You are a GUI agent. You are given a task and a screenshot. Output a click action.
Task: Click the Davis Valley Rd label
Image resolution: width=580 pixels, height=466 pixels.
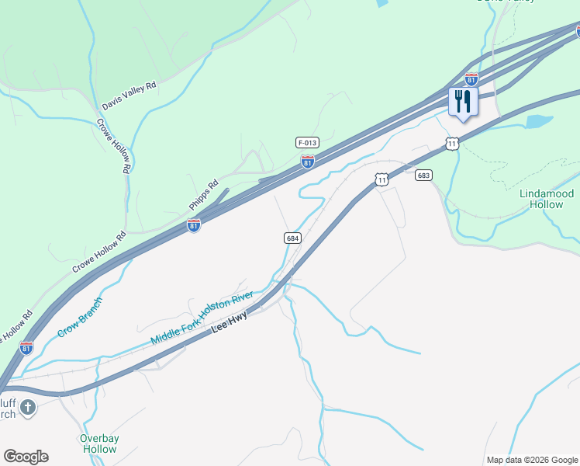pos(129,95)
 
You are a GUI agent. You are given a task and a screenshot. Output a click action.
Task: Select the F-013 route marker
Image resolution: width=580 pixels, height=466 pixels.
pos(307,143)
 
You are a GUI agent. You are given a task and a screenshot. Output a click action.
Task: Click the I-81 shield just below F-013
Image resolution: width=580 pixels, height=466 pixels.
pos(308,162)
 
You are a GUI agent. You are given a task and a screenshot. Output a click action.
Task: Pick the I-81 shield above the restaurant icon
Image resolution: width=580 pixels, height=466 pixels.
pos(471,79)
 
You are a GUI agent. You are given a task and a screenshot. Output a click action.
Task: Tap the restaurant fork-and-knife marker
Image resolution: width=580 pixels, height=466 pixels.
pos(463,103)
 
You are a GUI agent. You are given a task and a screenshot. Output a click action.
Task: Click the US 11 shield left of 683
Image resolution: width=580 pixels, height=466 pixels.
pos(381,180)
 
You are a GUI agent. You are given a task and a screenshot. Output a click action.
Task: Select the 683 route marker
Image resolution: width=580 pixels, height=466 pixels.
pos(423,176)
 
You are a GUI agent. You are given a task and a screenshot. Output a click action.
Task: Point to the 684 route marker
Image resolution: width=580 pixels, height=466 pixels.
pos(292,238)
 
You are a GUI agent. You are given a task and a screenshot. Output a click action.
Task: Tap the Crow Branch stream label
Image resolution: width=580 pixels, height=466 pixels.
pos(80,318)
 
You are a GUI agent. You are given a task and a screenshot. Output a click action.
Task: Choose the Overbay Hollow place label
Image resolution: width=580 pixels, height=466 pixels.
pos(99,443)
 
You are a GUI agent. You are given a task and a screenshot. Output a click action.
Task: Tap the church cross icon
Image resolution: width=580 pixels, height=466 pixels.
pos(28,407)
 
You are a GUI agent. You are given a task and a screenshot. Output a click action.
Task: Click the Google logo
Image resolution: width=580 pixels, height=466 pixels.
pos(26,457)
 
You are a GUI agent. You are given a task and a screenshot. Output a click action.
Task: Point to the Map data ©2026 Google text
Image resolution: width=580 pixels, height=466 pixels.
pos(532,460)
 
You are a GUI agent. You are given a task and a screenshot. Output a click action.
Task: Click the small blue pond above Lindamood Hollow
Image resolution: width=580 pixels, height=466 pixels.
pos(538,122)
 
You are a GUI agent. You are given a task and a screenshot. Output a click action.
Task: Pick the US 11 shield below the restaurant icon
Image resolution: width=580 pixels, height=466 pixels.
pos(452,144)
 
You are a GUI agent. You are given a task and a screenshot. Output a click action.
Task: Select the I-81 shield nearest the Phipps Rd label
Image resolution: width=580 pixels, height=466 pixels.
pos(194,225)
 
